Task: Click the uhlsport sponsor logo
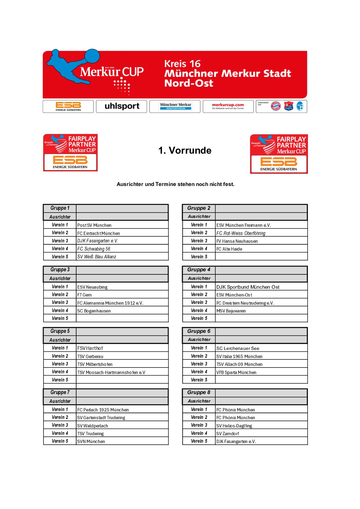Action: coord(121,106)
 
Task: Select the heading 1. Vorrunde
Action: coord(185,150)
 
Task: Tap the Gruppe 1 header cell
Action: coord(60,208)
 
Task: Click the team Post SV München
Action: coord(94,225)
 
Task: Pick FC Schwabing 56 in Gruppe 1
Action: coord(94,249)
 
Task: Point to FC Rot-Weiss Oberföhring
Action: coord(241,233)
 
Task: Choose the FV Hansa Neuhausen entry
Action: coord(237,241)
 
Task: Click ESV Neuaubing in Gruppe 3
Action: coord(92,287)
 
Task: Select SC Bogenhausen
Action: coord(94,311)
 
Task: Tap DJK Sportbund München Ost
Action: coord(248,287)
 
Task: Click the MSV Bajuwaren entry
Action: coord(231,311)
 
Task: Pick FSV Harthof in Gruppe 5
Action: coord(90,348)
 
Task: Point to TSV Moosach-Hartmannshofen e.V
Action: coord(111,372)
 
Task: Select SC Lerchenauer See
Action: coord(238,348)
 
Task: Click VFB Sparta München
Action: coord(236,372)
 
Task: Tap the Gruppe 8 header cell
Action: coord(199,392)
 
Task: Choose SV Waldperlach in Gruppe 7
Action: coord(92,426)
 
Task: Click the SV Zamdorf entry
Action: coord(228,434)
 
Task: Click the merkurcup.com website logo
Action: coord(228,106)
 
